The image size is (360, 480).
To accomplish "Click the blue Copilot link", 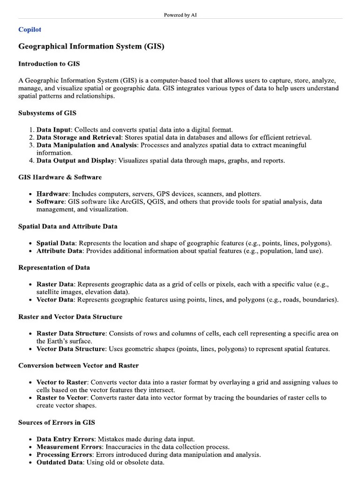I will pyautogui.click(x=30, y=30).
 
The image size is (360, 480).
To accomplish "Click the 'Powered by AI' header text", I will pyautogui.click(x=180, y=15).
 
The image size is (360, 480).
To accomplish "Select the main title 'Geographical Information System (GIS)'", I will pyautogui.click(x=91, y=47).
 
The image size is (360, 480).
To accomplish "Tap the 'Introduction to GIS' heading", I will pyautogui.click(x=52, y=64).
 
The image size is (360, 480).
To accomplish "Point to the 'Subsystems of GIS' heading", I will pyautogui.click(x=47, y=113).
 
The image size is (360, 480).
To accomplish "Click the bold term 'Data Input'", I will pyautogui.click(x=54, y=129).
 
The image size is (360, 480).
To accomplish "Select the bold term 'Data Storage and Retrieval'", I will pyautogui.click(x=79, y=137).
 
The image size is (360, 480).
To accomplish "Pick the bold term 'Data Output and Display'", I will pyautogui.click(x=75, y=161).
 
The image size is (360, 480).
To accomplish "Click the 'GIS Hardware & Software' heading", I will pyautogui.click(x=60, y=177).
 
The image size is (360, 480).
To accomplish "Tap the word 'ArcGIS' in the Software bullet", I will pyautogui.click(x=133, y=202).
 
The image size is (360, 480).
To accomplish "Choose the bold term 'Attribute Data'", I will pyautogui.click(x=60, y=251).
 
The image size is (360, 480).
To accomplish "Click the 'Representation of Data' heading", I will pyautogui.click(x=54, y=268).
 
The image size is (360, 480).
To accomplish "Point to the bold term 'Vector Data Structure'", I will pyautogui.click(x=70, y=349).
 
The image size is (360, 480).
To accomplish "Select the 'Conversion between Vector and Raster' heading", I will pyautogui.click(x=78, y=365).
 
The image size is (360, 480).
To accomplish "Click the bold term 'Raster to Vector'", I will pyautogui.click(x=62, y=397).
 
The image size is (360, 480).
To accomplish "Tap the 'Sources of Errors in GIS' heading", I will pyautogui.click(x=56, y=422).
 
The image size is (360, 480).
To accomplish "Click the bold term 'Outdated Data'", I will pyautogui.click(x=58, y=463).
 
